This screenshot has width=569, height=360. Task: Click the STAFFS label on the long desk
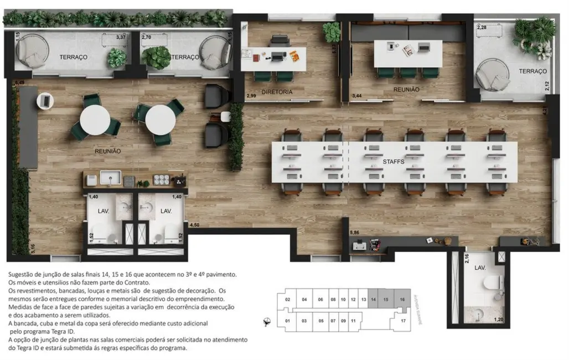click(x=394, y=161)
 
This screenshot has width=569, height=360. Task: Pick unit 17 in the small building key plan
click(x=404, y=321)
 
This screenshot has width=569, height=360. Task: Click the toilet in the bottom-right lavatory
click(x=488, y=282)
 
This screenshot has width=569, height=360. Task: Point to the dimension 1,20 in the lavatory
click(x=499, y=320)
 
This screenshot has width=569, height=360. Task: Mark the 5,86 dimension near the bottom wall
click(x=355, y=233)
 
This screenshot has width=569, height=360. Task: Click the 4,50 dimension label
click(x=194, y=225)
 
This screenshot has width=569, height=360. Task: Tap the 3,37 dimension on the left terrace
click(x=121, y=38)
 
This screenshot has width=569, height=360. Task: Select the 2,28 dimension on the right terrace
click(x=482, y=27)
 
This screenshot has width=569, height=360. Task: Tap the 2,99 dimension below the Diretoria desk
click(x=251, y=96)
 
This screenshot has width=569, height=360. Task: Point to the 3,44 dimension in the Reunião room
click(x=359, y=96)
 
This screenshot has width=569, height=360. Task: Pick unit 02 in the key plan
click(x=287, y=299)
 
